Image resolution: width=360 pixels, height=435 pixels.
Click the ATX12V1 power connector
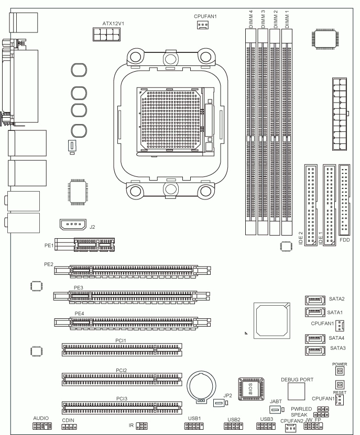(x=107, y=34)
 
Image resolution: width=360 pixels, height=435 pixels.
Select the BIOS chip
(x=251, y=388)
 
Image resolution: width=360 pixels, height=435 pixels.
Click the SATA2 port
(x=315, y=300)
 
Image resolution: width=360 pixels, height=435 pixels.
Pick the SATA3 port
(x=315, y=351)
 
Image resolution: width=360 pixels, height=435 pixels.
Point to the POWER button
(x=340, y=371)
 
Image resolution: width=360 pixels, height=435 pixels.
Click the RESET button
(x=340, y=385)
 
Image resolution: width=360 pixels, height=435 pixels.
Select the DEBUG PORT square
(x=296, y=392)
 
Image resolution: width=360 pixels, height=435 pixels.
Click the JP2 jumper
(x=220, y=403)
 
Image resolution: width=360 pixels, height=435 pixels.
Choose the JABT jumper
(x=277, y=409)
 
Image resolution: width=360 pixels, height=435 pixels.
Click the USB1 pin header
(x=194, y=426)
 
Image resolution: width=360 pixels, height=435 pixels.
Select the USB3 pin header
(x=266, y=426)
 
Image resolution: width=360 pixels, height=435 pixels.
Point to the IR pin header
(x=141, y=426)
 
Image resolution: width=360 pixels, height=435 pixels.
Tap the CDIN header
(x=69, y=427)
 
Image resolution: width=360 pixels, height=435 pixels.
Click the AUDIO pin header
(x=42, y=426)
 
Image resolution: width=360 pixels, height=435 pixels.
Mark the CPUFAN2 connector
(x=290, y=428)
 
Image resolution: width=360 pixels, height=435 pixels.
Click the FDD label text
(x=345, y=240)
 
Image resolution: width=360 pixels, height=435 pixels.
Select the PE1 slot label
(x=49, y=246)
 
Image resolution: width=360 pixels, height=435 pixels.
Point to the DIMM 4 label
(x=251, y=19)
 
